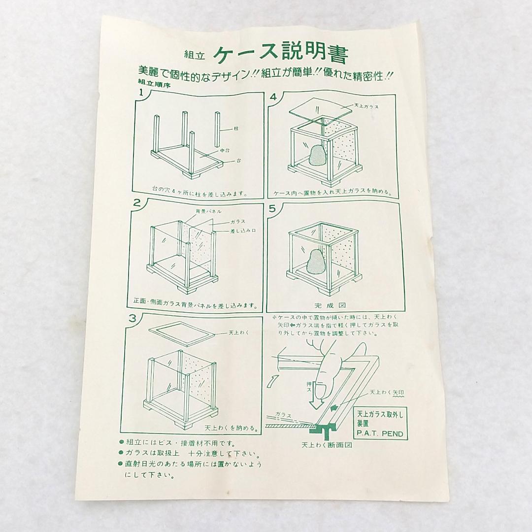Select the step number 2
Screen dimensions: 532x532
pyautogui.click(x=137, y=203)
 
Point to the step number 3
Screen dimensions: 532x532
pyautogui.click(x=133, y=318)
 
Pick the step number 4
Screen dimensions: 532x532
pyautogui.click(x=273, y=97)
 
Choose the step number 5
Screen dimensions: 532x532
pyautogui.click(x=272, y=208)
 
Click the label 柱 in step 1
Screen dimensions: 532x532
pyautogui.click(x=236, y=129)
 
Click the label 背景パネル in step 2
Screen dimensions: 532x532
pyautogui.click(x=209, y=211)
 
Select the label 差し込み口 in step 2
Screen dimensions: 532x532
pyautogui.click(x=243, y=231)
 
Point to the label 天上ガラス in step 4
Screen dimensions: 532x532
pyautogui.click(x=366, y=106)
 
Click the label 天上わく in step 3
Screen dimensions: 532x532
pyautogui.click(x=239, y=332)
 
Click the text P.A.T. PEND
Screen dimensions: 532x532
pyautogui.click(x=380, y=433)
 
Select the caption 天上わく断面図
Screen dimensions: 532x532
pyautogui.click(x=327, y=444)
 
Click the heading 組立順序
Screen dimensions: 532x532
pyautogui.click(x=154, y=83)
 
